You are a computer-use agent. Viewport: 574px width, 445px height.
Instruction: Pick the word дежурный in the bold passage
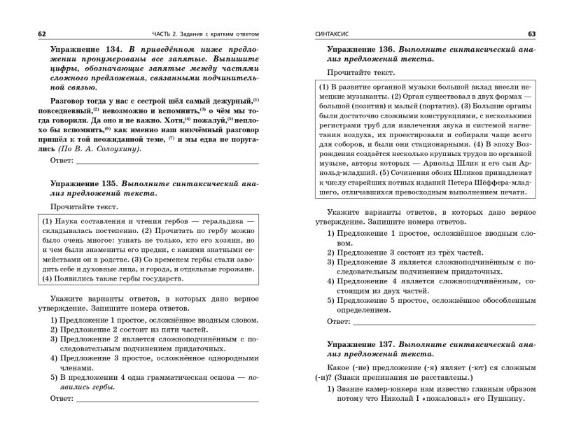point(227,102)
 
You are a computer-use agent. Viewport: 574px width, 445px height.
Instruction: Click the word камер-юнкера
point(399,390)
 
